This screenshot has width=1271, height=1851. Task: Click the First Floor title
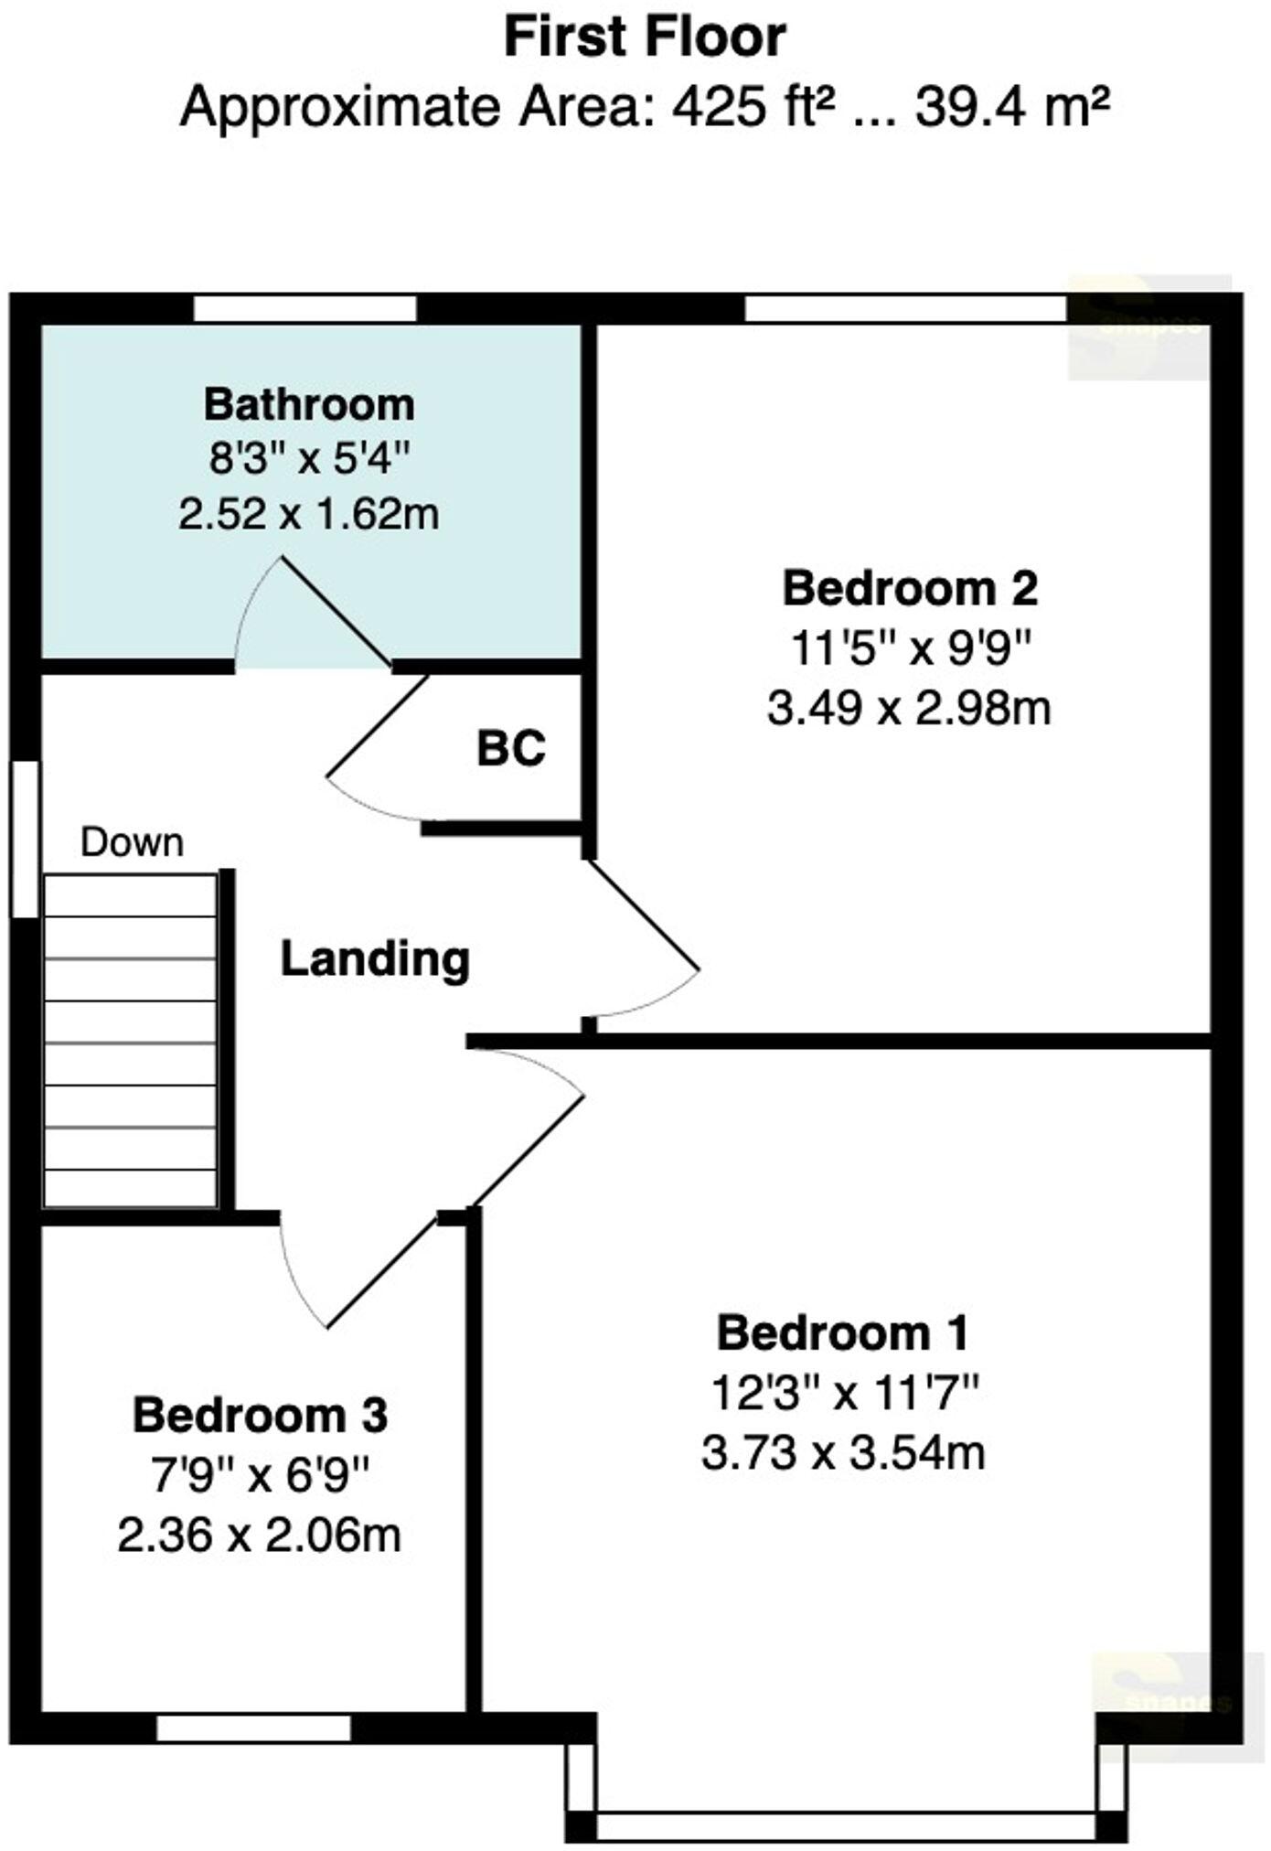[x=645, y=38]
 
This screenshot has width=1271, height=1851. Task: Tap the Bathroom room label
[x=309, y=405]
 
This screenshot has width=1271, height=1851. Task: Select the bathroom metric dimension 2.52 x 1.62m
[x=309, y=515]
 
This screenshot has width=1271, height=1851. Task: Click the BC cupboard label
[x=511, y=749]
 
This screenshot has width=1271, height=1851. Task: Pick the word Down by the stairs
[x=132, y=842]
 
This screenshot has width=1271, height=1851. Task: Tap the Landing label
[x=375, y=959]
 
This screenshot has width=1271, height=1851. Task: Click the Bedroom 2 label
[x=910, y=588]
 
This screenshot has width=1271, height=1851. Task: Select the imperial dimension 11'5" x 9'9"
[x=910, y=649]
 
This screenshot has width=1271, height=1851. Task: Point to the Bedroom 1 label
[x=842, y=1333]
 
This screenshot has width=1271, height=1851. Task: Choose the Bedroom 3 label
[x=261, y=1416]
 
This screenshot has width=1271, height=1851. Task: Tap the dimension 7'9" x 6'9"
[x=261, y=1475]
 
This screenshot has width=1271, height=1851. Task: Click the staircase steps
[x=130, y=1043]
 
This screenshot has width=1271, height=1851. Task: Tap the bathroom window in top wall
[x=305, y=308]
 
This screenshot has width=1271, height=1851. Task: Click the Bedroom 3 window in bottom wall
[x=253, y=1728]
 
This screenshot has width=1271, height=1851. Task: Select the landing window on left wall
[x=25, y=839]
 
